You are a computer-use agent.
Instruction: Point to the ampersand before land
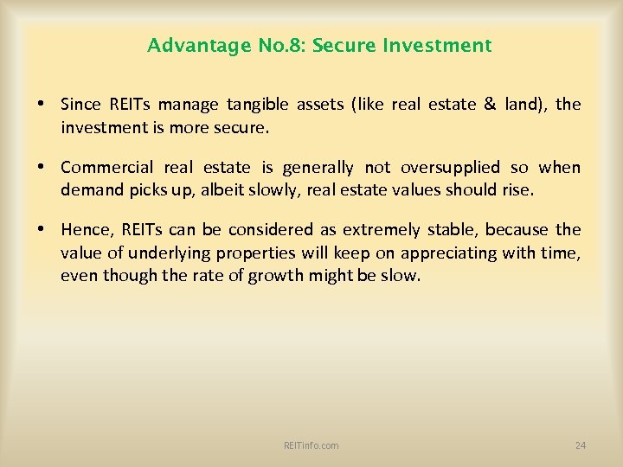[x=490, y=105]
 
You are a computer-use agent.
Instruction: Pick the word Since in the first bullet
[x=79, y=105]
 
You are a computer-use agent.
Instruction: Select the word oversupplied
[x=450, y=167]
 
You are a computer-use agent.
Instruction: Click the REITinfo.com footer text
[x=311, y=445]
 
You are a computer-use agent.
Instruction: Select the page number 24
[x=580, y=445]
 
